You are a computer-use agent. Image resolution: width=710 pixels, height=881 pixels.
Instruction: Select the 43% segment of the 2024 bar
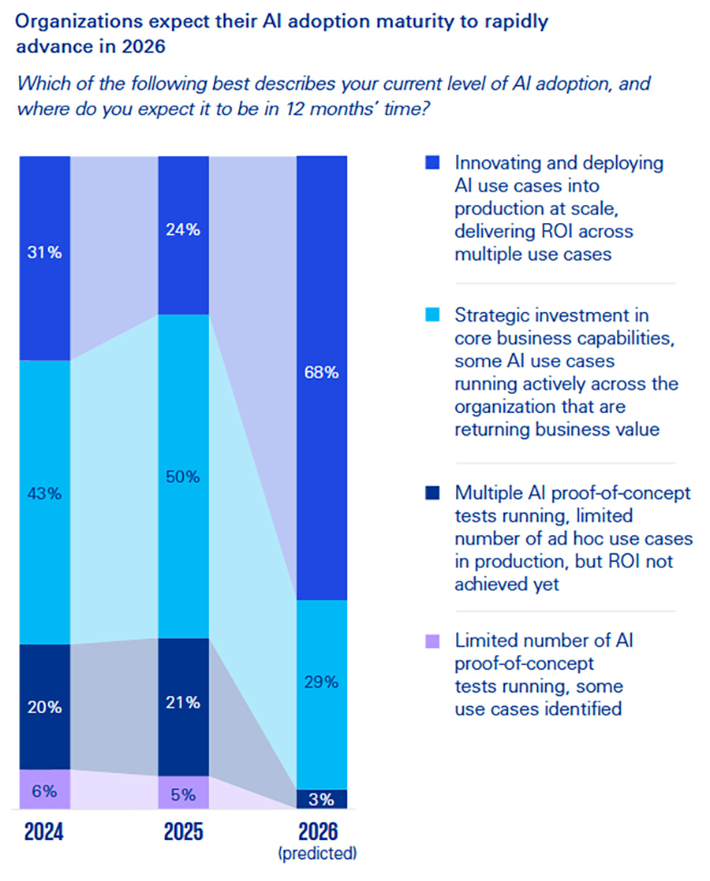[x=45, y=494]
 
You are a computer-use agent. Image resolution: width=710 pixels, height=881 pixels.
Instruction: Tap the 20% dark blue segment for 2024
[x=45, y=707]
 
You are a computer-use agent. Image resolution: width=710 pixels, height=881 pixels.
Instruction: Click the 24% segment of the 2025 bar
[x=183, y=231]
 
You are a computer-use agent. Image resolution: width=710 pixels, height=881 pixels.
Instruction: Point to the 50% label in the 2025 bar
[x=183, y=477]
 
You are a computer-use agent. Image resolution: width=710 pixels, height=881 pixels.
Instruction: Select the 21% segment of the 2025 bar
[x=183, y=703]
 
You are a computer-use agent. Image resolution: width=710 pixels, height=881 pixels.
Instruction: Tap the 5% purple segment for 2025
[x=183, y=794]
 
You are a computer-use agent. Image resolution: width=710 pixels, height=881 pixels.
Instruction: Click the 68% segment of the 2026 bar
[x=322, y=373]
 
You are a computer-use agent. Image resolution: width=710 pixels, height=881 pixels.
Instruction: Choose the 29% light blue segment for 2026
[x=322, y=682]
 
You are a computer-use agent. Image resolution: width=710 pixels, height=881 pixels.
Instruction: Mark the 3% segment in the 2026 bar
[x=322, y=800]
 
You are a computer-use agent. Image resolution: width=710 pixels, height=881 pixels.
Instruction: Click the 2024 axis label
[x=45, y=832]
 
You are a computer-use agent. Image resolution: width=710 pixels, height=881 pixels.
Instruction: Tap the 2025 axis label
[x=183, y=832]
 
